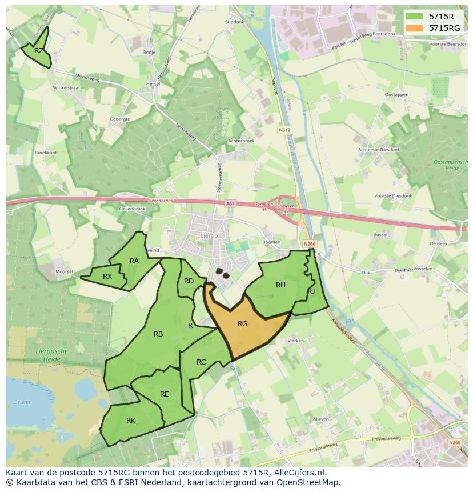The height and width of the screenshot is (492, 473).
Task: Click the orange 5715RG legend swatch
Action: tap(416, 28)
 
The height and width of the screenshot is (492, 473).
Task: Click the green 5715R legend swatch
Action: tap(416, 17)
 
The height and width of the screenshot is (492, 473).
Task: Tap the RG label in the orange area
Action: tap(242, 324)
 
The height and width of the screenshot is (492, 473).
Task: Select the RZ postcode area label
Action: tap(39, 51)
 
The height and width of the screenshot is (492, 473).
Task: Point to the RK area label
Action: tap(131, 421)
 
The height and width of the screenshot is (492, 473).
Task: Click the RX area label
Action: tap(107, 277)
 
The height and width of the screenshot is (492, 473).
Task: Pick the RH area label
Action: tap(280, 285)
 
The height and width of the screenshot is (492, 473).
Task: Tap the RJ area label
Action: tap(311, 291)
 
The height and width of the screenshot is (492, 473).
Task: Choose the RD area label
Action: tap(189, 281)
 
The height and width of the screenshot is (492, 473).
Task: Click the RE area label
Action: tap(165, 394)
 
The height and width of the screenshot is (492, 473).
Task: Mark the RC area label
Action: tap(201, 362)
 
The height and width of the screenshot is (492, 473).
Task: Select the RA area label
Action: tap(134, 261)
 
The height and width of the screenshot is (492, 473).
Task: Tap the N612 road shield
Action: tap(284, 130)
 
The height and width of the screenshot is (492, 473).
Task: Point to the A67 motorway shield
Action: tap(230, 203)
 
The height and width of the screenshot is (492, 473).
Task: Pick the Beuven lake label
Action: tap(23, 402)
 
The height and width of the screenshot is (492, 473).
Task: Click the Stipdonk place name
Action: tap(235, 22)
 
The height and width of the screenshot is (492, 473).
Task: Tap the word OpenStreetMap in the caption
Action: tap(309, 482)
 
